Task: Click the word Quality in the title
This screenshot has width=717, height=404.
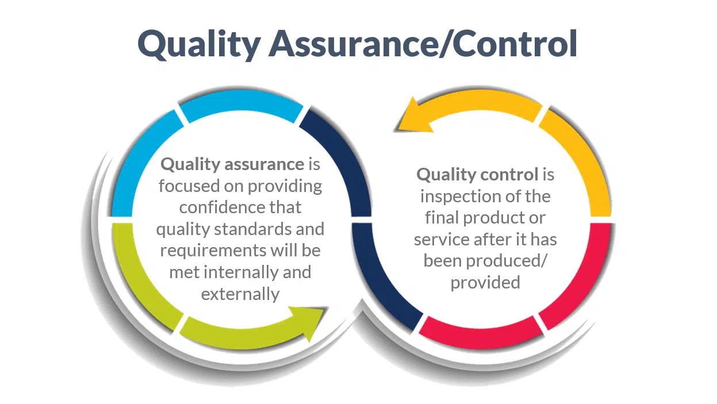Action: click(198, 44)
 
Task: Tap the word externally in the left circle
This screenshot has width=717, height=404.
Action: click(240, 294)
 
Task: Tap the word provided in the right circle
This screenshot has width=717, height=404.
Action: click(485, 282)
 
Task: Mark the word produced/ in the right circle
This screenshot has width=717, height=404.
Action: click(507, 260)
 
